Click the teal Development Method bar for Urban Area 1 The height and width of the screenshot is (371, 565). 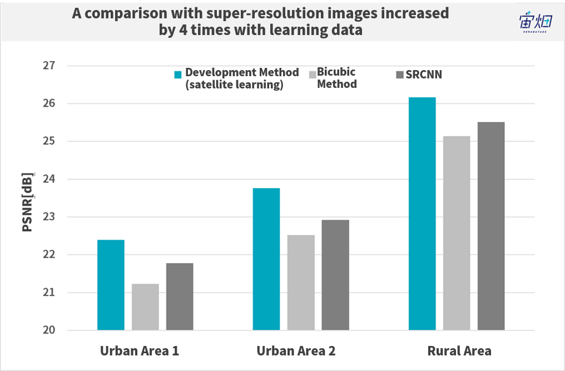pyautogui.click(x=111, y=285)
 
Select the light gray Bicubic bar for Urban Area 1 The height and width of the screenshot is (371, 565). pyautogui.click(x=145, y=307)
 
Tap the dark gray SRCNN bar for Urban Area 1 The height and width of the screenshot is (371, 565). pyautogui.click(x=180, y=296)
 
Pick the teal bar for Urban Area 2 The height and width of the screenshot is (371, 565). pyautogui.click(x=266, y=259)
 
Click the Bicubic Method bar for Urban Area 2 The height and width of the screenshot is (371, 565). pyautogui.click(x=301, y=283)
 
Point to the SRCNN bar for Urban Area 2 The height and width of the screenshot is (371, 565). pyautogui.click(x=335, y=275)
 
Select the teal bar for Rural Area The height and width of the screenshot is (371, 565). pyautogui.click(x=422, y=214)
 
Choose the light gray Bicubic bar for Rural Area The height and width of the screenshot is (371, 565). pyautogui.click(x=457, y=233)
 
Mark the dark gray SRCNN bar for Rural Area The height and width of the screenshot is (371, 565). pyautogui.click(x=491, y=226)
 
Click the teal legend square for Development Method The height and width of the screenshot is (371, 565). pyautogui.click(x=178, y=75)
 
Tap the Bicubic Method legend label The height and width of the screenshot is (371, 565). pyautogui.click(x=337, y=78)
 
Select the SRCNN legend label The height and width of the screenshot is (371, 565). pyautogui.click(x=424, y=75)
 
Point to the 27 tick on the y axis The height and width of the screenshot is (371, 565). pyautogui.click(x=49, y=66)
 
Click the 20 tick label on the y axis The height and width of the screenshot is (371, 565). pyautogui.click(x=49, y=330)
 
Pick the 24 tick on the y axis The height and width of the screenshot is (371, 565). pyautogui.click(x=49, y=179)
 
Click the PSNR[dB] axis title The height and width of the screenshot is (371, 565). pyautogui.click(x=27, y=202)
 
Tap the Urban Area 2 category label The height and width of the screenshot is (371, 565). pyautogui.click(x=296, y=351)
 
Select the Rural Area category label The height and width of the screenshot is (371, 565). pyautogui.click(x=459, y=351)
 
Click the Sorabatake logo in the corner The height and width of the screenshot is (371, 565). pyautogui.click(x=536, y=22)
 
